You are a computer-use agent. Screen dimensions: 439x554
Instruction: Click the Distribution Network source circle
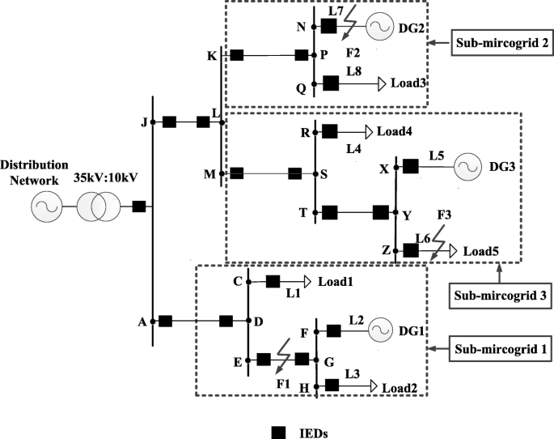click(46, 207)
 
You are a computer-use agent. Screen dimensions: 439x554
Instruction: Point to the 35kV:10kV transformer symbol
click(99, 207)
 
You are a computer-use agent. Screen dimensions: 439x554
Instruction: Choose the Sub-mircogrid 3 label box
click(498, 295)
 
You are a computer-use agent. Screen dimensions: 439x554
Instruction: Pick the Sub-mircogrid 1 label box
click(498, 350)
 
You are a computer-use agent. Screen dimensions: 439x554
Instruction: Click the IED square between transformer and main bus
click(139, 207)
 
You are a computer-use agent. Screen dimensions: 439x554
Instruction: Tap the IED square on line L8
click(330, 82)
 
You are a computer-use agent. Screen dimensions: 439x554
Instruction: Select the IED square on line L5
click(410, 166)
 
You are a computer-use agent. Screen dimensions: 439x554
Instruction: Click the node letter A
click(142, 322)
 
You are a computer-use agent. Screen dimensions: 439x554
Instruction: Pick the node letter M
click(209, 173)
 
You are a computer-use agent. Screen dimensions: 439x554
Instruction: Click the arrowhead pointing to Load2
click(374, 388)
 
